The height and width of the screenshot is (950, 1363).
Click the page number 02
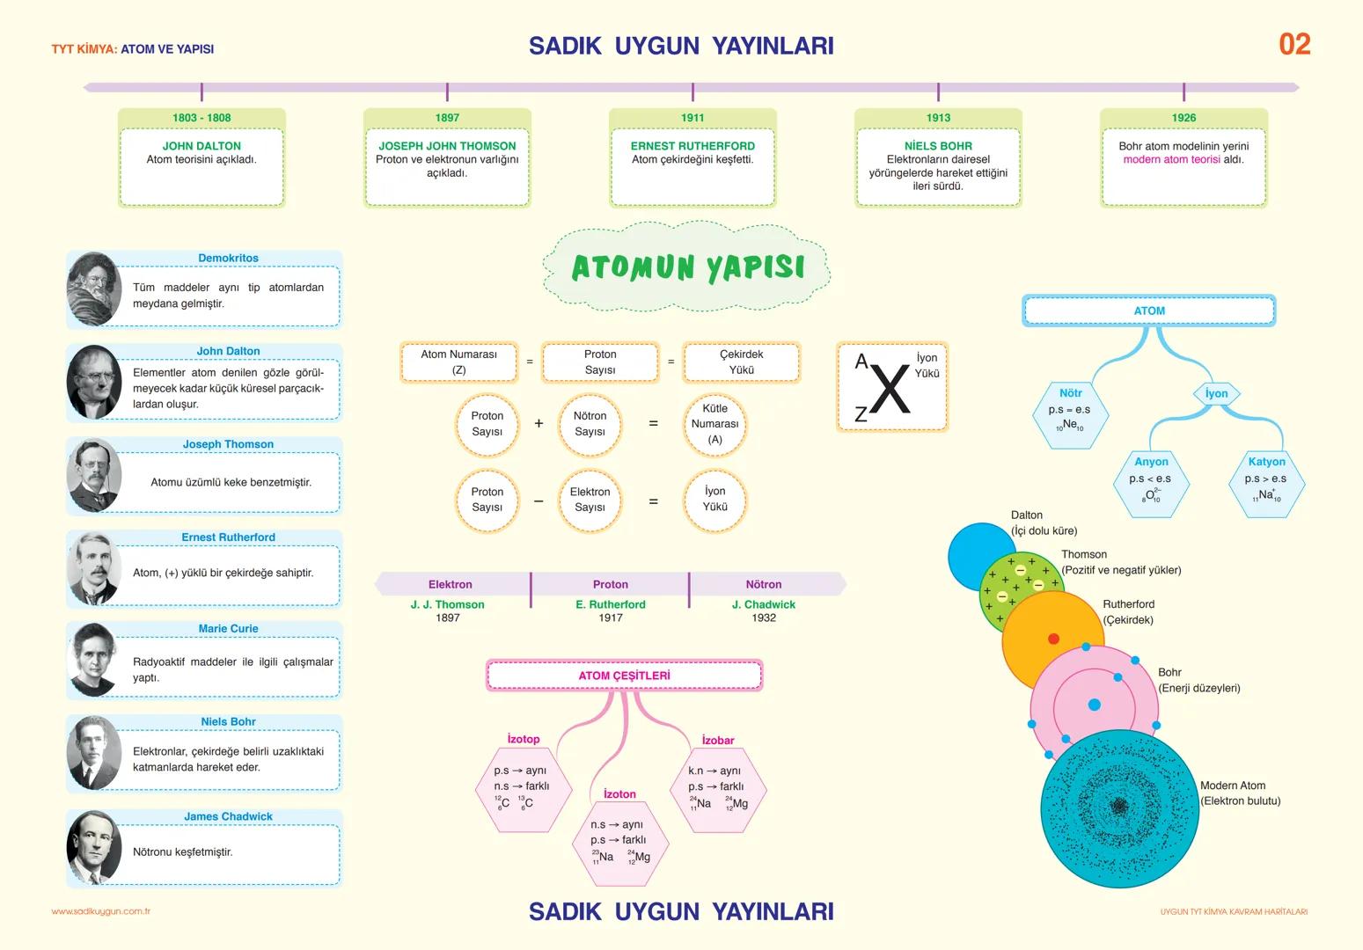(1294, 44)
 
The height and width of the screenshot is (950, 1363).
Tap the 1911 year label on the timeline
(692, 118)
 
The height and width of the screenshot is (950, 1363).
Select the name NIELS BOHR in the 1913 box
(938, 146)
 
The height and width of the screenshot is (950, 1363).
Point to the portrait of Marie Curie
(92, 659)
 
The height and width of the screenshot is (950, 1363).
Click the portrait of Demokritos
(93, 289)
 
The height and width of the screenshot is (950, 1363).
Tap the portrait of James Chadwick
(93, 848)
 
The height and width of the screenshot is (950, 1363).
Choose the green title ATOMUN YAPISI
(688, 267)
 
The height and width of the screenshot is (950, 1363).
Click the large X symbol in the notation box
(891, 389)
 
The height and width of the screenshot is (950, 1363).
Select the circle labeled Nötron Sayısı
(590, 424)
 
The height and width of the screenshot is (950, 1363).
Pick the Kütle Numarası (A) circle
(714, 424)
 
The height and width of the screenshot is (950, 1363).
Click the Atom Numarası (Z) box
(458, 362)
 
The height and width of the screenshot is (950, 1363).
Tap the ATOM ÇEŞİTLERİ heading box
(624, 676)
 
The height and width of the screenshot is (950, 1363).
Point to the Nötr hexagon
(1070, 413)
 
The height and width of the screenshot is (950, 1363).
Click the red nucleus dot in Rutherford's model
(1053, 639)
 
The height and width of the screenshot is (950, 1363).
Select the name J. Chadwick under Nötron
(763, 605)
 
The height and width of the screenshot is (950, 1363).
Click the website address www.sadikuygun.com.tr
(101, 911)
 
